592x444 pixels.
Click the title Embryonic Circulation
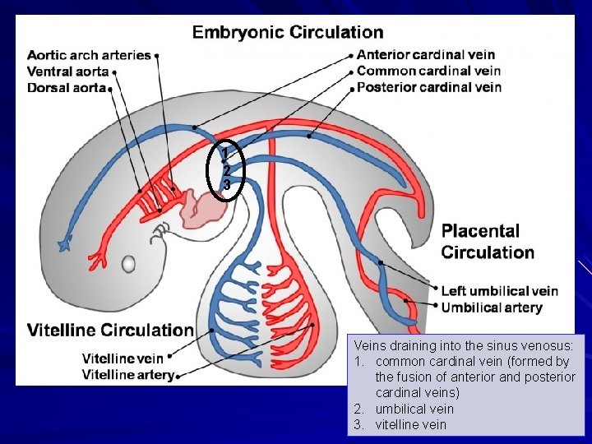click(x=287, y=33)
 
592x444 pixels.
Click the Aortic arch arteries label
click(x=89, y=55)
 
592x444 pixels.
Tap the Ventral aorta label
click(x=68, y=72)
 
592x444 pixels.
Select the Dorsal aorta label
click(x=67, y=87)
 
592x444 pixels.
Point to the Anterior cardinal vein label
click(x=426, y=55)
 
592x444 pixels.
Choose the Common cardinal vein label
click(x=428, y=71)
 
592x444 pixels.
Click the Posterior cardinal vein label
click(x=429, y=87)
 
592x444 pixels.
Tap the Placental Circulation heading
click(x=488, y=242)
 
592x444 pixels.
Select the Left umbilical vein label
click(x=499, y=291)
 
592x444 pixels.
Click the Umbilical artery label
click(x=492, y=308)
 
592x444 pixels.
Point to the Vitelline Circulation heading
click(x=110, y=331)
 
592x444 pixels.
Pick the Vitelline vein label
click(x=123, y=358)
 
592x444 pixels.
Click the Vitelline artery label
click(x=127, y=375)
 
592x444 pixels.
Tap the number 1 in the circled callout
click(x=227, y=153)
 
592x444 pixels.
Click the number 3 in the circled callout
click(x=227, y=186)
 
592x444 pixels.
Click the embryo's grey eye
click(x=129, y=264)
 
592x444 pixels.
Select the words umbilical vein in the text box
click(x=414, y=409)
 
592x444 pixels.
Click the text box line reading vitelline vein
click(x=411, y=424)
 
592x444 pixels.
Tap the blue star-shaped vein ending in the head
click(x=63, y=243)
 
